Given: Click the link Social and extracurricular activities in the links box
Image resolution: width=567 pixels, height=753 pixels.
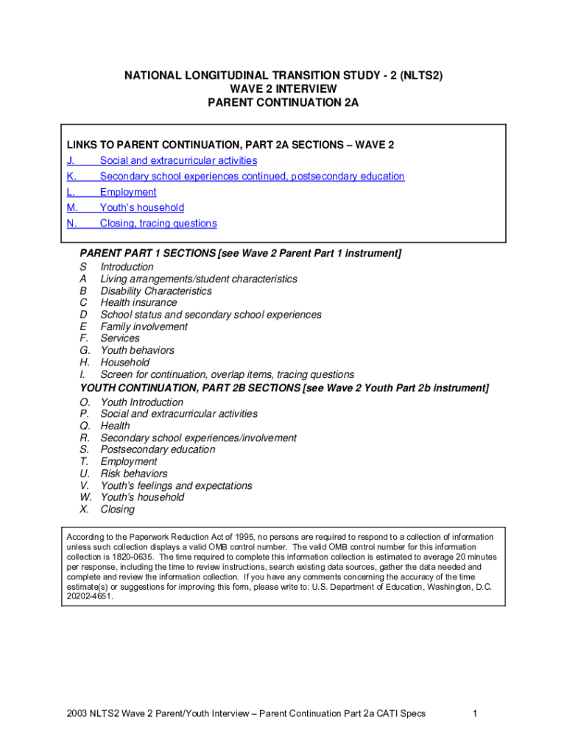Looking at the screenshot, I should (178, 160).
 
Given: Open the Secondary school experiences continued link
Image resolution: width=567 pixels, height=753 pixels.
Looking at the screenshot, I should (252, 176).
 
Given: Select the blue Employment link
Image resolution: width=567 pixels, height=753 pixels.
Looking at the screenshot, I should (128, 192).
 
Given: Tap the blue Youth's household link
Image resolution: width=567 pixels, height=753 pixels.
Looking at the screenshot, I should (142, 208).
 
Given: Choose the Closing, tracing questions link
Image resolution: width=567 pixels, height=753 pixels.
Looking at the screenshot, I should (158, 224).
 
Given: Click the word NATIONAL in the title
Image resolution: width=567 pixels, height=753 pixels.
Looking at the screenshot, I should (153, 76).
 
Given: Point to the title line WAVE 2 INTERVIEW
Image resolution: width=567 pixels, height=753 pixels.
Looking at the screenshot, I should (283, 89).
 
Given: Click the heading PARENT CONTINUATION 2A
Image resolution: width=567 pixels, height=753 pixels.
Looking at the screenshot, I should (283, 103).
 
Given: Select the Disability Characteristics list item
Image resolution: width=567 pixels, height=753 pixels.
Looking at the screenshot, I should (155, 291).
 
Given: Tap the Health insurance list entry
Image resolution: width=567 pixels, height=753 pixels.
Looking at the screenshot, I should (138, 303).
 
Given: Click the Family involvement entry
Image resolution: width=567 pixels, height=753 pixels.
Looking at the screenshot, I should (144, 326).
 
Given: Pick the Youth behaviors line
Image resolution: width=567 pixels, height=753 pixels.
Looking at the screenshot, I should (137, 351).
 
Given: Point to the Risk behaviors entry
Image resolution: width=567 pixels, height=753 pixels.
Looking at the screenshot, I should (133, 474).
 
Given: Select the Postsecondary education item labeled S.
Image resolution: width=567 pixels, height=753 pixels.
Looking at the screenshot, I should (158, 450).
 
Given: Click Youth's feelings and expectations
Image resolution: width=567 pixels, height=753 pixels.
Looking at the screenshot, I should (176, 486).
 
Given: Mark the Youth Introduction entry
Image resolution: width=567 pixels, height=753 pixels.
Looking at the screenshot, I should (141, 402).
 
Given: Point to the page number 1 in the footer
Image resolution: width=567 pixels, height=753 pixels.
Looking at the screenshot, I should (476, 714).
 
